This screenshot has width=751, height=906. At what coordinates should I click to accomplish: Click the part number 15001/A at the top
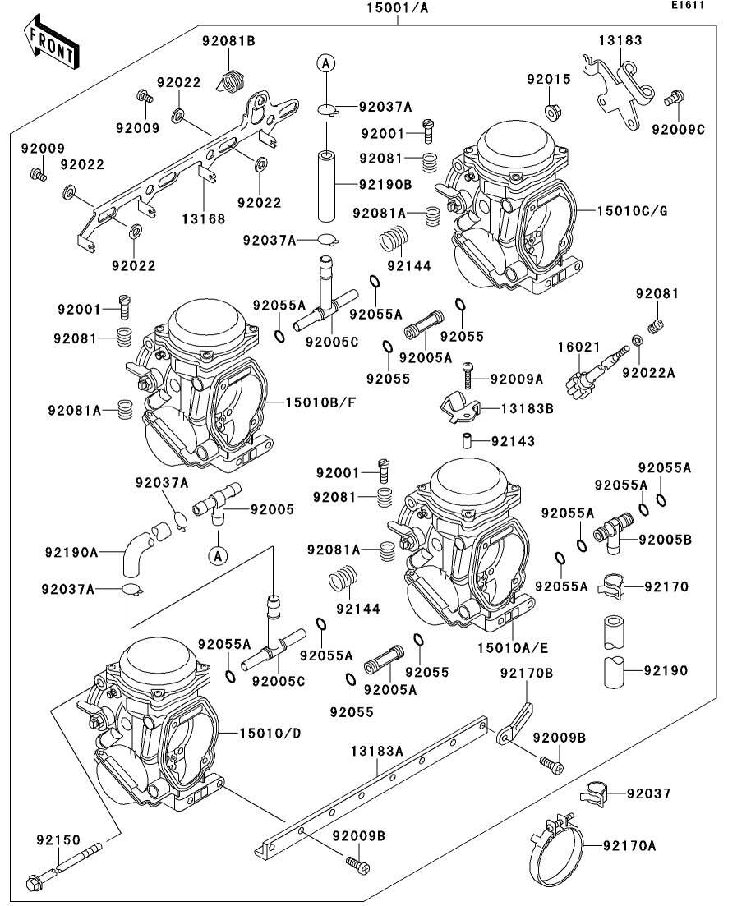click(397, 8)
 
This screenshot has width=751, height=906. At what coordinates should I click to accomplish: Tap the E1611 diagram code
click(688, 5)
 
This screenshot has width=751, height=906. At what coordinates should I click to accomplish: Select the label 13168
click(204, 219)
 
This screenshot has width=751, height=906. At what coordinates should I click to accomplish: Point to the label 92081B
click(228, 41)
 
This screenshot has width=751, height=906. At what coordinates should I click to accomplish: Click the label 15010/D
click(270, 734)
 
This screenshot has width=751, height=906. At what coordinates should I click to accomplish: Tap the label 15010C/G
click(632, 211)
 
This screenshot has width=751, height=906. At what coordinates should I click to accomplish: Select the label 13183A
click(377, 751)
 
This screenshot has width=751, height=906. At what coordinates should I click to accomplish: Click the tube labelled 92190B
click(327, 186)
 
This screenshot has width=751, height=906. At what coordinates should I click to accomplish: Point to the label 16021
click(578, 347)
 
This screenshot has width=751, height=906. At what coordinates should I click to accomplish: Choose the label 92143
click(513, 441)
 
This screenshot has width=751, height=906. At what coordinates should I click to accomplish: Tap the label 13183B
click(527, 408)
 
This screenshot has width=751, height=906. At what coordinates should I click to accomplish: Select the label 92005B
click(665, 540)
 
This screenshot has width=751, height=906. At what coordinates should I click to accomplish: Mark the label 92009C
click(678, 130)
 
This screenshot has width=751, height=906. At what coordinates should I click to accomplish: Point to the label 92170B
click(527, 674)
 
